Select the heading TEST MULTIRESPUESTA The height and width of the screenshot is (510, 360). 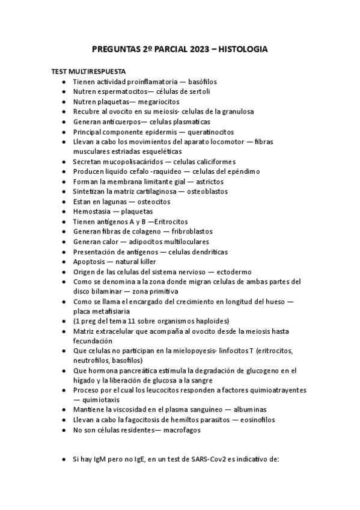click(88, 71)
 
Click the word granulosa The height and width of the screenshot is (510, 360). click(237, 111)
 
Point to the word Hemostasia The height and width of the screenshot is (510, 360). click(93, 212)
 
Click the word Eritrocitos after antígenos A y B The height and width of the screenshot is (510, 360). click(172, 222)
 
